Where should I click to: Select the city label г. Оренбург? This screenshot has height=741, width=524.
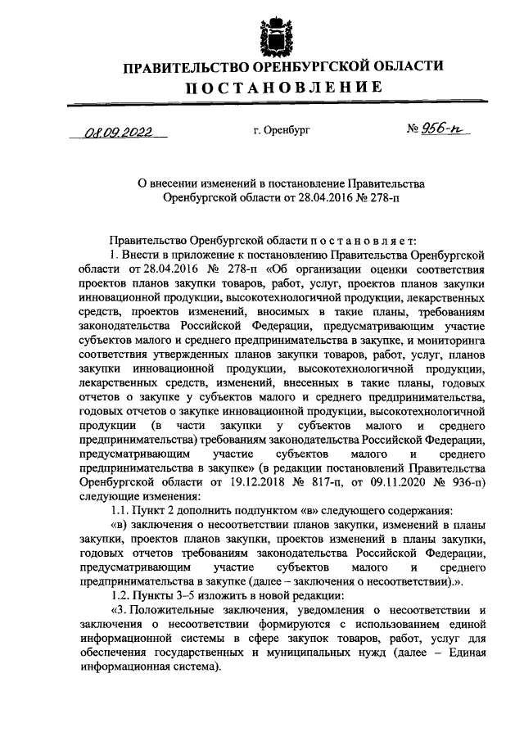click(x=282, y=129)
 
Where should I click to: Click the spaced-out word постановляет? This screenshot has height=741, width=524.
click(x=355, y=240)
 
